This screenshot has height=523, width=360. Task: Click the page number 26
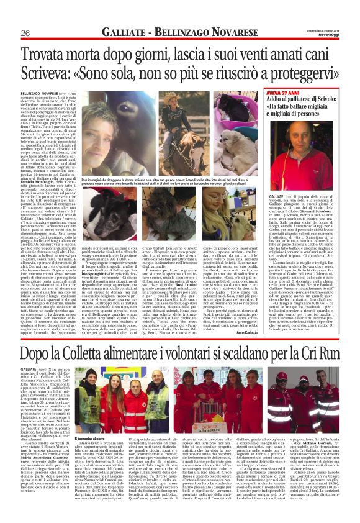(25, 32)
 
